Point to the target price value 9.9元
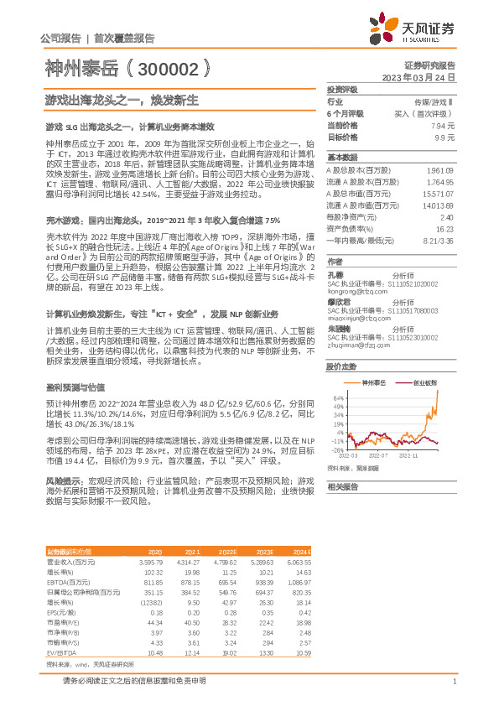(x=444, y=136)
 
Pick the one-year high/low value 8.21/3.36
(x=438, y=240)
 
